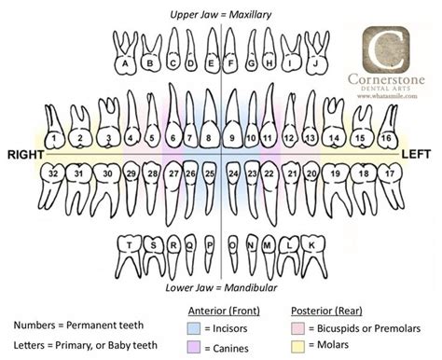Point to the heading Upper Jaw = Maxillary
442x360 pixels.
pyautogui.click(x=220, y=13)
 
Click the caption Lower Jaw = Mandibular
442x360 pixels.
pyautogui.click(x=220, y=288)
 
